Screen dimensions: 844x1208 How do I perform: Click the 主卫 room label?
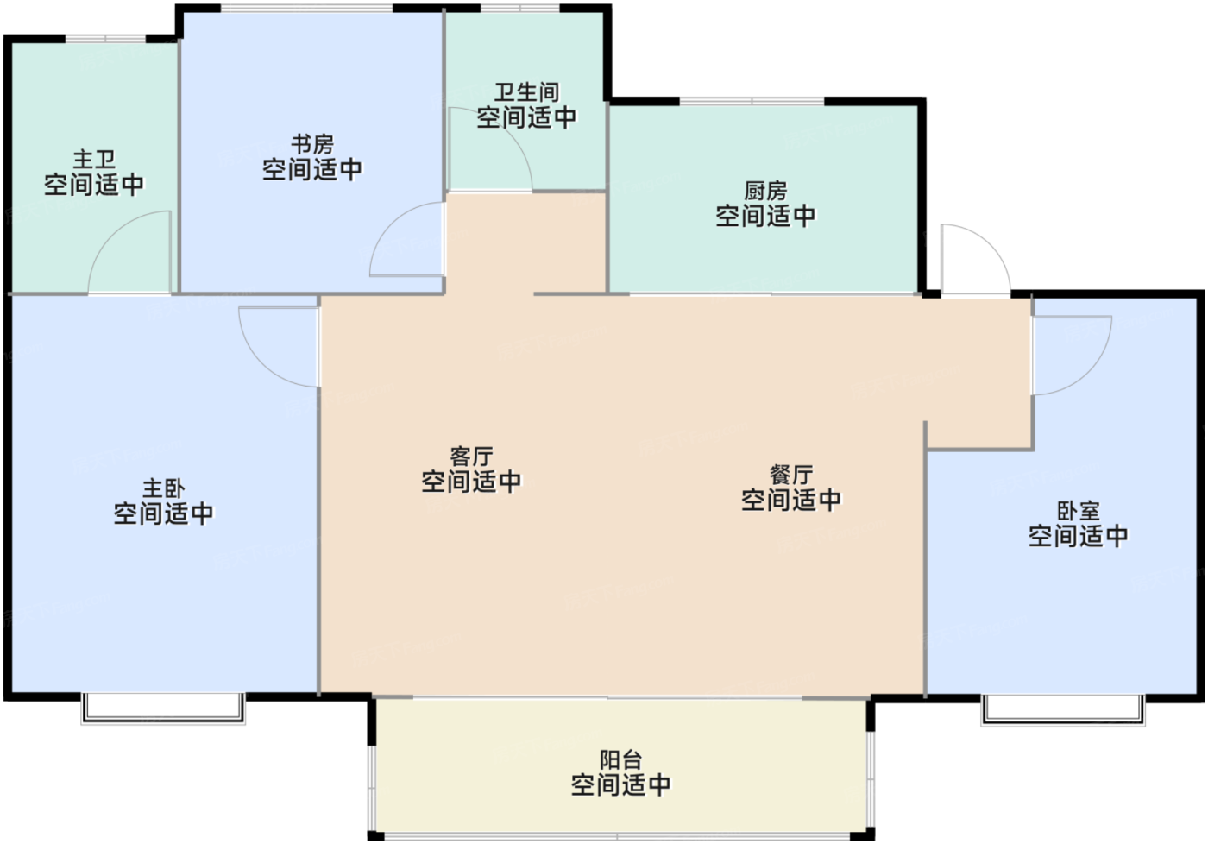pos(94,160)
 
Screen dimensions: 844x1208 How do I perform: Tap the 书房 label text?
pos(312,144)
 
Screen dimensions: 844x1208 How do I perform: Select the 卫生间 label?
pos(526,92)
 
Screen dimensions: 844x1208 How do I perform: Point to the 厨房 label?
pos(765,191)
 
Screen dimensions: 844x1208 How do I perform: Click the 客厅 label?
pos(471,457)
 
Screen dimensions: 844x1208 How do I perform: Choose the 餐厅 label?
pos(791,475)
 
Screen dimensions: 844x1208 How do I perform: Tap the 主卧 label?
pos(164,489)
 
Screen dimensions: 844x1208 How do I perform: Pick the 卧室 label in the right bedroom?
pos(1079,512)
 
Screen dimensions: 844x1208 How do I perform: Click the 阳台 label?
pos(620,760)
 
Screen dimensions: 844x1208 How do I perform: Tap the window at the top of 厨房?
pos(752,102)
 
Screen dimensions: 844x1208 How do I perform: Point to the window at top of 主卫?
pos(105,39)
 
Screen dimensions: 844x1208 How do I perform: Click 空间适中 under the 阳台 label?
pos(620,785)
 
